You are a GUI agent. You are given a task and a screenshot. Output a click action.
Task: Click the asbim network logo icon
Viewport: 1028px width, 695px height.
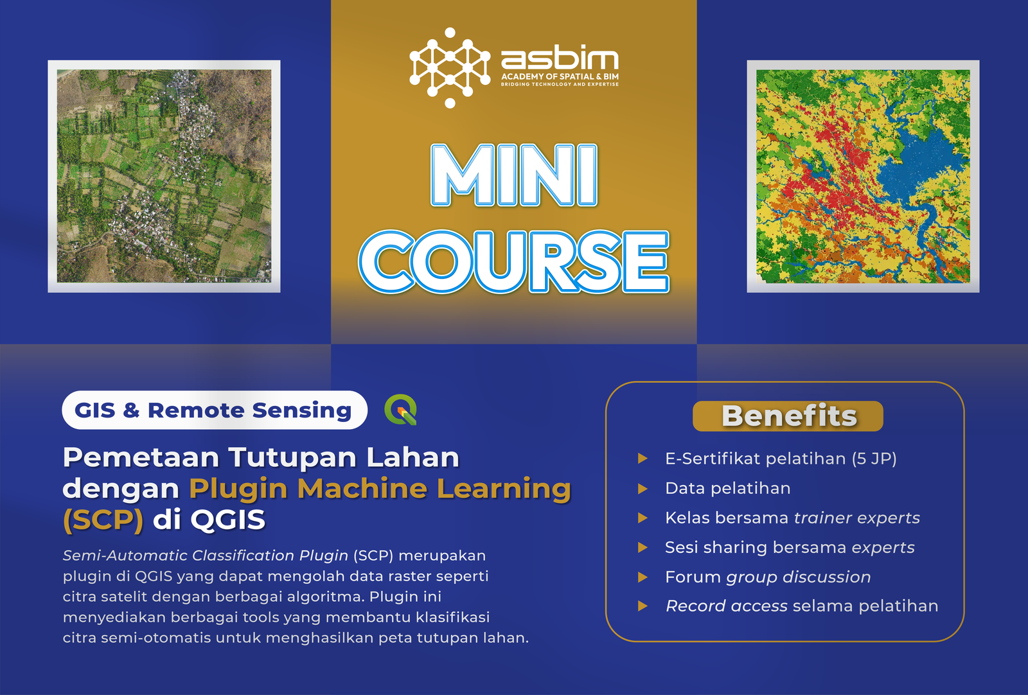pyautogui.click(x=450, y=67)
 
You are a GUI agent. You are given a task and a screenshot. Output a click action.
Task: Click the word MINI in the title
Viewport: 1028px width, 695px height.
pyautogui.click(x=514, y=175)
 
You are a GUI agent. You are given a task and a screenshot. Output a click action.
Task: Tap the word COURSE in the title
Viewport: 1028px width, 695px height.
pyautogui.click(x=514, y=261)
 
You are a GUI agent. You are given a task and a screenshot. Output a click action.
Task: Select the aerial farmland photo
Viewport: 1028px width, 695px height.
pyautogui.click(x=164, y=177)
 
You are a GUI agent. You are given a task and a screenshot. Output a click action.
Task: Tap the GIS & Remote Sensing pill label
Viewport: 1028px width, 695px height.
pyautogui.click(x=213, y=410)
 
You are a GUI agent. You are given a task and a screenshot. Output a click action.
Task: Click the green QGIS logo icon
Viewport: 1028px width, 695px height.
pyautogui.click(x=401, y=410)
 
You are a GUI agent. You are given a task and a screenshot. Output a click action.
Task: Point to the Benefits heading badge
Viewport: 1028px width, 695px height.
pyautogui.click(x=788, y=416)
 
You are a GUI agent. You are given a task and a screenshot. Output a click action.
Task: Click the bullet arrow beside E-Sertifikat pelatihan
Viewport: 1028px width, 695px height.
pyautogui.click(x=642, y=459)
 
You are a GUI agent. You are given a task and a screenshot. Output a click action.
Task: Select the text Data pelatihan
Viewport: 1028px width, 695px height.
pyautogui.click(x=727, y=488)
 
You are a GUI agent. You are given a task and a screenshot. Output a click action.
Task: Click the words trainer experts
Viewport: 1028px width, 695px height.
pyautogui.click(x=856, y=518)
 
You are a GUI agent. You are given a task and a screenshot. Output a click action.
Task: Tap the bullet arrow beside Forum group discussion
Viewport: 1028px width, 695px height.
pyautogui.click(x=642, y=577)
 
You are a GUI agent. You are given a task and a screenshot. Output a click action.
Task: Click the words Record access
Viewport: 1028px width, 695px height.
pyautogui.click(x=726, y=606)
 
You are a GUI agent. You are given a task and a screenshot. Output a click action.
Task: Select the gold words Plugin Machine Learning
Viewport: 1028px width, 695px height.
pyautogui.click(x=380, y=489)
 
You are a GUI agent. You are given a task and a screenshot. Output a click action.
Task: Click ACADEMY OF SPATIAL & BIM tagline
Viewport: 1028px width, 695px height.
pyautogui.click(x=560, y=76)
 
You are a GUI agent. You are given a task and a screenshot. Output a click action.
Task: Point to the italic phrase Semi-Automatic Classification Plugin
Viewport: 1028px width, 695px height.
pyautogui.click(x=206, y=556)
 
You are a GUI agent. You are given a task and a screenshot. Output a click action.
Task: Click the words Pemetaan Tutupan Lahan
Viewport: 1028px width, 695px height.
pyautogui.click(x=261, y=458)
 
